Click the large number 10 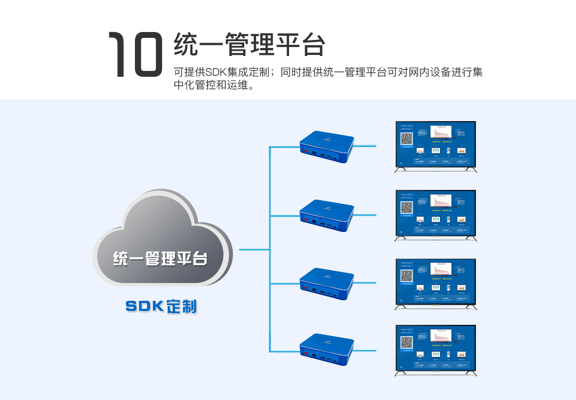135,54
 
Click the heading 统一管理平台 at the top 249,44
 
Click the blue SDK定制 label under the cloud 161,307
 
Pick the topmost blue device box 326,147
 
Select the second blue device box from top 326,215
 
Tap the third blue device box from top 326,283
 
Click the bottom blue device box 326,350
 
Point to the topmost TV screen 435,145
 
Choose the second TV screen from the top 435,213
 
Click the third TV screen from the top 435,282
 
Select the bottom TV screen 435,348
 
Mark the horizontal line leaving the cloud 254,249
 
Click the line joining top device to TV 365,146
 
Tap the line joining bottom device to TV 365,350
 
